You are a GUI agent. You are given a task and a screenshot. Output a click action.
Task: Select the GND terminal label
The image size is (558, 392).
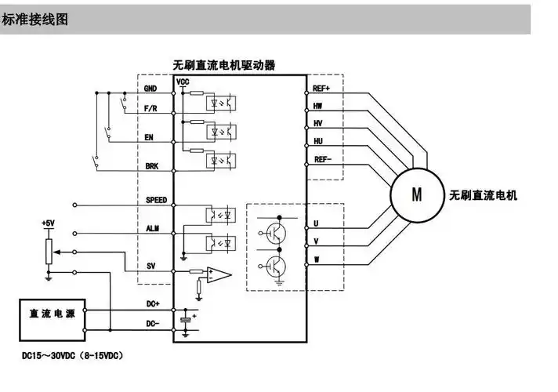pos(152,89)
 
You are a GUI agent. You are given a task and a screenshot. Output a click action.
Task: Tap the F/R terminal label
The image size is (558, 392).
pos(152,110)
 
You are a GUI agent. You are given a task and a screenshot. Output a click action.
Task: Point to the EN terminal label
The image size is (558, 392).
pos(150,137)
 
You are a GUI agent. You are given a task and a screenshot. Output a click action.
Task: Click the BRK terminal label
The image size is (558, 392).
pos(152,165)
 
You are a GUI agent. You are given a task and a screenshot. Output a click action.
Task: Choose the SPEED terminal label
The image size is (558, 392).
pos(156,200)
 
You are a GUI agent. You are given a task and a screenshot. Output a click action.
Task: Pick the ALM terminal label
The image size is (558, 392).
pos(152,227)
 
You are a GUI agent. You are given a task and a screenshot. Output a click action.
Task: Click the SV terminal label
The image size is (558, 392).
pos(150,266)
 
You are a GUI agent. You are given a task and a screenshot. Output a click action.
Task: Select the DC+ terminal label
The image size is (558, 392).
pos(152,303)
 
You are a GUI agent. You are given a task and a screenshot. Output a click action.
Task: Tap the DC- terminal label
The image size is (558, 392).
pos(152,322)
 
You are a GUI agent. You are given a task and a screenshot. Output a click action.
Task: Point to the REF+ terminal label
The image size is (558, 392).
pos(321,89)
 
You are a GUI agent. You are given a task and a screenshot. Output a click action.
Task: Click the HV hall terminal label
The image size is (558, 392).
pos(317,123)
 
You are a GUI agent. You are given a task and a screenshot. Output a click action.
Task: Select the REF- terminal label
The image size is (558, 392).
pos(321,158)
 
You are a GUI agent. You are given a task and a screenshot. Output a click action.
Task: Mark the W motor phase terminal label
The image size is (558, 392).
pos(316,259)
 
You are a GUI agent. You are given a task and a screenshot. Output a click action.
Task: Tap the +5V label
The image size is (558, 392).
pos(49,223)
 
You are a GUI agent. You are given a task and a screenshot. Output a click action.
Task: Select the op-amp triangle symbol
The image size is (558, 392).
pos(220,274)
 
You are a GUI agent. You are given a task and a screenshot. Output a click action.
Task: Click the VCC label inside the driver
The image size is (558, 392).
pos(183,82)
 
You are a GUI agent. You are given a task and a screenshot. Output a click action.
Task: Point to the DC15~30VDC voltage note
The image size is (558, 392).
pos(71,355)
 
